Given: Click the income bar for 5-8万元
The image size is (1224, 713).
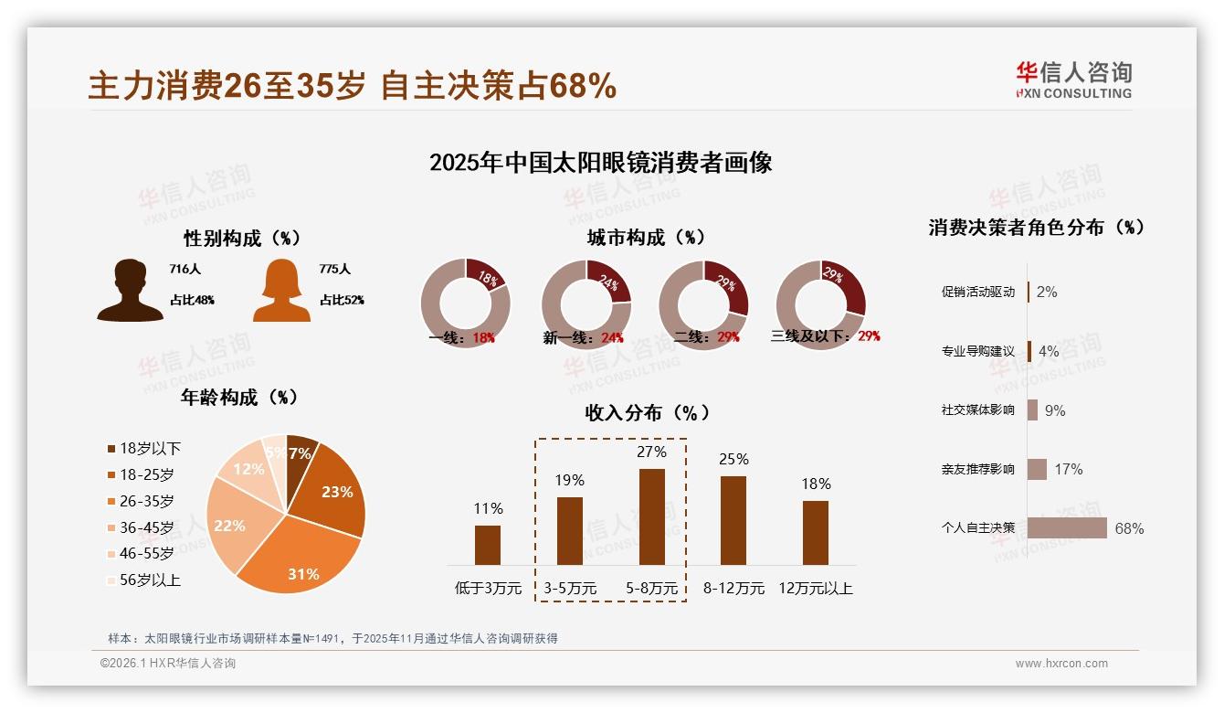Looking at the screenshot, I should click(x=651, y=516).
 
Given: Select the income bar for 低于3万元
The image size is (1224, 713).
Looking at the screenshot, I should click(x=488, y=545).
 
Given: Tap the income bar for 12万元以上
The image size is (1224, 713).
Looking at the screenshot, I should click(x=816, y=532).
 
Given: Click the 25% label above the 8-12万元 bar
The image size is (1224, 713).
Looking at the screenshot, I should click(x=733, y=459).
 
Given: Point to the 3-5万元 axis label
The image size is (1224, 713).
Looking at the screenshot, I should click(x=570, y=589).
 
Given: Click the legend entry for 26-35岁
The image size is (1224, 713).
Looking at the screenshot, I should click(x=146, y=501).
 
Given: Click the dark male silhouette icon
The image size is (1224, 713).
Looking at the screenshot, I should click(x=130, y=291).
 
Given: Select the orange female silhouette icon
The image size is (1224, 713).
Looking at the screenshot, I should click(x=281, y=291).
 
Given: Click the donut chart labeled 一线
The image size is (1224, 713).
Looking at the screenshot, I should click(x=465, y=303).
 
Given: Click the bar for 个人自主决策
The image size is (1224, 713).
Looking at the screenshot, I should click(x=1067, y=528).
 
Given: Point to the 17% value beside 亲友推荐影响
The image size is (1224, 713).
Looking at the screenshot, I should click(x=1068, y=469).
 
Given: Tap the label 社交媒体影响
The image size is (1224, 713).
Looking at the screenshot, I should click(x=977, y=410).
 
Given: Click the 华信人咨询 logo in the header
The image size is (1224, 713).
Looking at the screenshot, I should click(x=1073, y=80).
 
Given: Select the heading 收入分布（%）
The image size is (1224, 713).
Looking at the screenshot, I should click(x=647, y=412).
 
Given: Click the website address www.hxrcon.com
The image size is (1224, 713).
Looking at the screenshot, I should click(x=1061, y=664).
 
